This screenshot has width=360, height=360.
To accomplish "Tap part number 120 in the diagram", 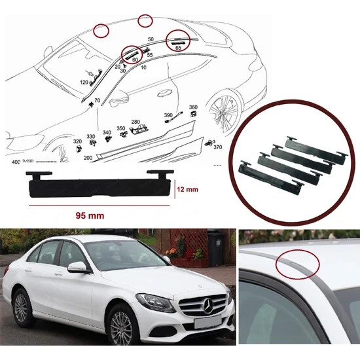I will point(83,82).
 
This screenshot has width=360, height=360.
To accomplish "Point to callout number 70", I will point(97,101).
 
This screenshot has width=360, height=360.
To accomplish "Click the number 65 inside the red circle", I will point(179,48).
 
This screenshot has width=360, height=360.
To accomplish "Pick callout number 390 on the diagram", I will point(168,115).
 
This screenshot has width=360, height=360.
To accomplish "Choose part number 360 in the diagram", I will point(193,107).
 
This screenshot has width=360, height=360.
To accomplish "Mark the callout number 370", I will point(218,147).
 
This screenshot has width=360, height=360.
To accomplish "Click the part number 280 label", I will point(135,122).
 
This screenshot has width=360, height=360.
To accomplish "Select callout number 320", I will point(77,141).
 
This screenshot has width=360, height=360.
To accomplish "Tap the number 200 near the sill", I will point(88,158).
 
